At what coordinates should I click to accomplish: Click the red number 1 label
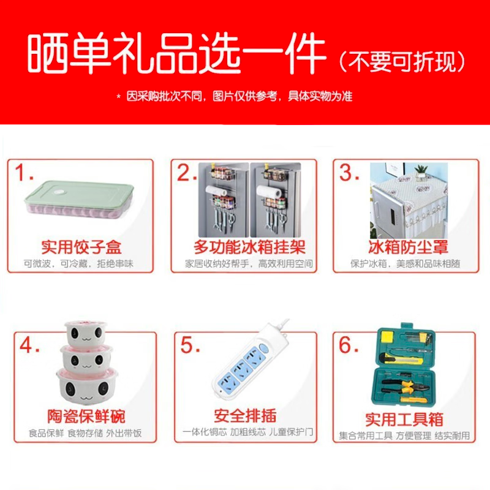click(x=25, y=174)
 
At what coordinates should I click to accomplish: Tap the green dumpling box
click(x=79, y=199)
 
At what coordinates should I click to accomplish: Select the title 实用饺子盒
click(x=81, y=247)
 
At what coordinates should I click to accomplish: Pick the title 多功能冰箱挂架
click(x=249, y=247)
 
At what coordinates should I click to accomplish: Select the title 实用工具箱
click(x=404, y=420)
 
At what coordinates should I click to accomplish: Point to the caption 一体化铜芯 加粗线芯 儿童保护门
click(x=247, y=432)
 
